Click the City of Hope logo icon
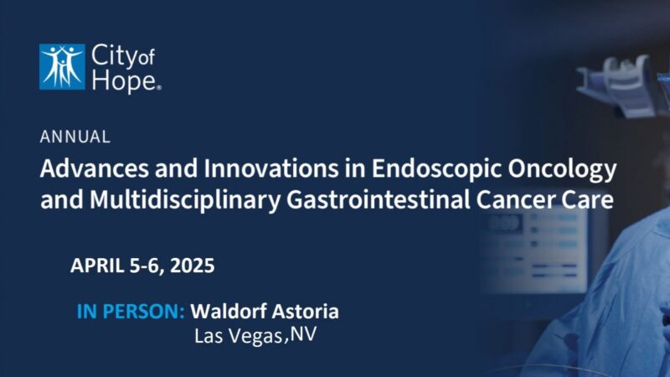62,66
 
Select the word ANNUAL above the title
75,136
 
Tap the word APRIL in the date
97,266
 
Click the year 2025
192,266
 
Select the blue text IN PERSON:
131,312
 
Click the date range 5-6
143,266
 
